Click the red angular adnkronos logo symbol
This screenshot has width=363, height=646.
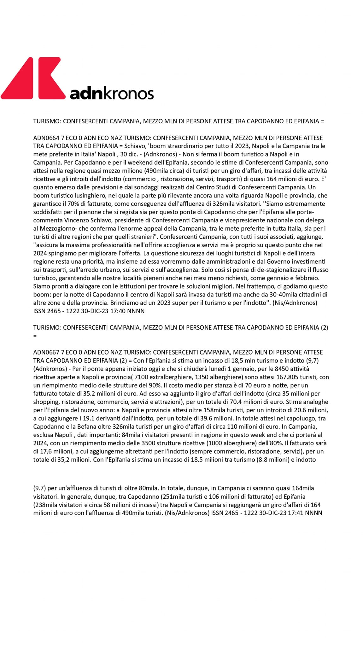33,78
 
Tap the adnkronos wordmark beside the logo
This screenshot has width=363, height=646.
112,93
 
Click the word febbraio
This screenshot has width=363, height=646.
307,278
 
